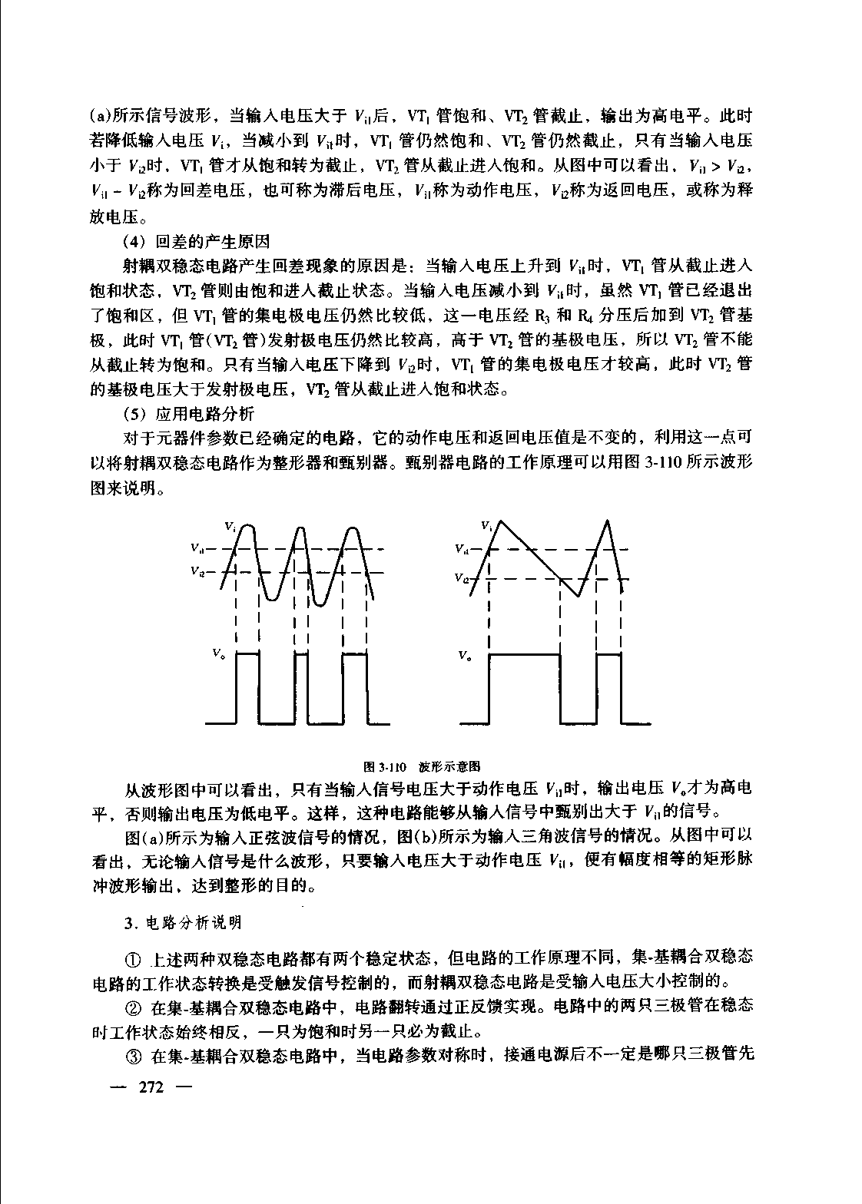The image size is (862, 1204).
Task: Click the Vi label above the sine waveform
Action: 230,527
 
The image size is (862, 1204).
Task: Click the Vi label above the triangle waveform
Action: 486,526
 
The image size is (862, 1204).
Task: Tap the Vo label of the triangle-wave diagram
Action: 465,655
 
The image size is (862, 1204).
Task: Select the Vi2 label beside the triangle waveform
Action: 462,577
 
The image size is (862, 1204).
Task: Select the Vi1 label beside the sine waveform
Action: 197,549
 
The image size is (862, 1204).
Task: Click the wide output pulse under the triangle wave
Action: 524,688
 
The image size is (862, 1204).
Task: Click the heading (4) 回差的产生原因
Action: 197,242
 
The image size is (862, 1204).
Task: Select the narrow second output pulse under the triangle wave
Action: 608,688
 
